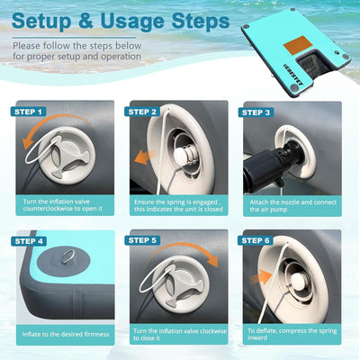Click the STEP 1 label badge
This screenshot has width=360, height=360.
tap(28, 112)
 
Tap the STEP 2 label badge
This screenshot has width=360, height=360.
tap(142, 112)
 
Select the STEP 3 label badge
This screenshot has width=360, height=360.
tap(256, 112)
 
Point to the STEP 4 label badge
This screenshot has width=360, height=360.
tap(29, 241)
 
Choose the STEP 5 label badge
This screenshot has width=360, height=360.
tap(142, 240)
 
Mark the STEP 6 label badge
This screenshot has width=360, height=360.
tap(256, 240)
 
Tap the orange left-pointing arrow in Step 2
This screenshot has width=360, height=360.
tap(145, 157)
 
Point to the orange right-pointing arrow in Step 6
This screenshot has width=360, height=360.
tap(260, 277)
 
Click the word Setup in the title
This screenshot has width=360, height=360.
tap(42, 22)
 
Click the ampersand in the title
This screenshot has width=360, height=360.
tap(86, 21)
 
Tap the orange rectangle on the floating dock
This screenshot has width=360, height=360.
tap(298, 45)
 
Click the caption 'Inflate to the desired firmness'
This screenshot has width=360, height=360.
tap(66, 334)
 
